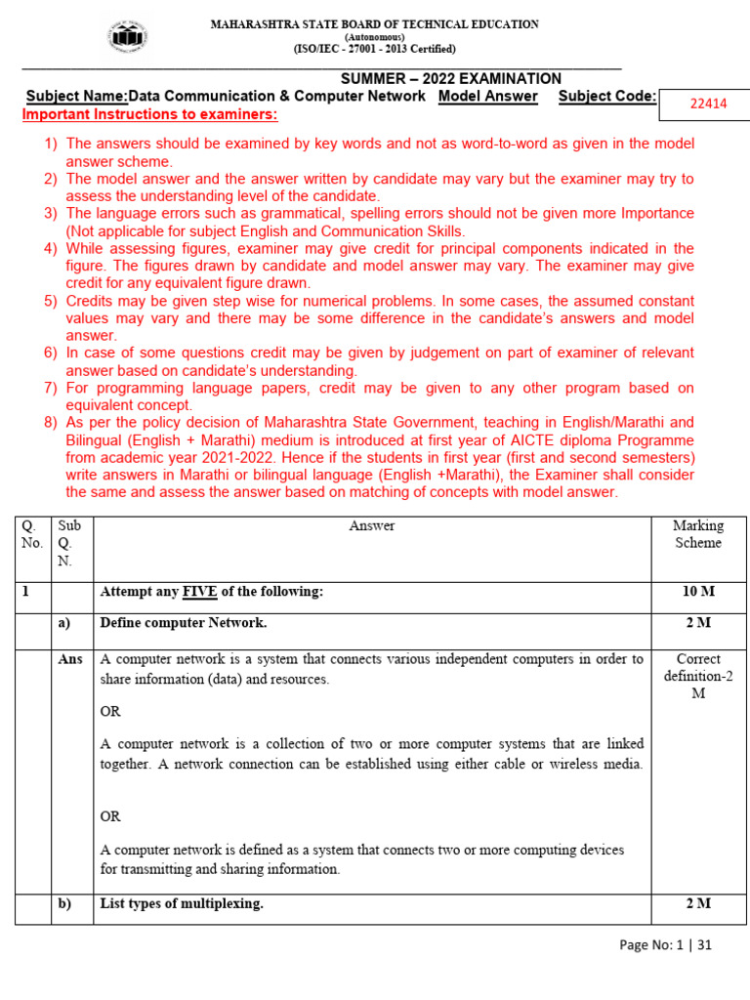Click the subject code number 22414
coord(708,104)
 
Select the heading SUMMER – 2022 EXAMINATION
coord(450,79)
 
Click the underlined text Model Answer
coord(488,96)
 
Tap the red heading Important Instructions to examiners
coord(149,115)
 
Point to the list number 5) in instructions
coord(51,301)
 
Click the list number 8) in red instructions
coord(51,423)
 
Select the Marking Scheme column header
coord(697,534)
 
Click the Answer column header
coord(371,525)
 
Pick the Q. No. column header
coord(32,534)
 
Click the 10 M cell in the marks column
coord(697,592)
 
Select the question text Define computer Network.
coord(184,622)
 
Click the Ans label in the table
coord(70,659)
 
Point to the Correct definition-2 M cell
coord(697,676)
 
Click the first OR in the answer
coord(110,712)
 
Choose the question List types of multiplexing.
coord(182,903)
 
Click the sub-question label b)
coord(65,903)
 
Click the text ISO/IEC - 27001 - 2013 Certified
coord(375,49)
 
